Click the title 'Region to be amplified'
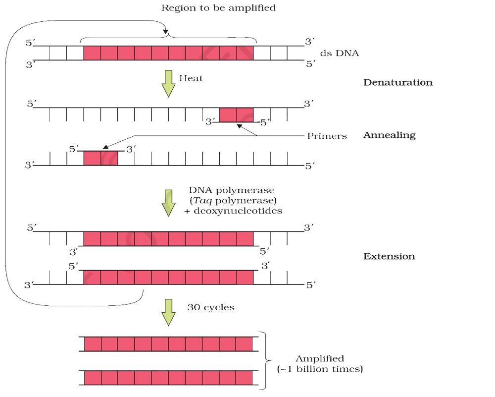pyautogui.click(x=218, y=8)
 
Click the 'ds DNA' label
pyautogui.click(x=340, y=53)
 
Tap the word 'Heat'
pyautogui.click(x=191, y=78)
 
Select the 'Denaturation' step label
pyautogui.click(x=398, y=82)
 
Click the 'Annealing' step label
pyautogui.click(x=389, y=135)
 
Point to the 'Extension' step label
pyautogui.click(x=389, y=256)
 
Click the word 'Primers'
pyautogui.click(x=327, y=136)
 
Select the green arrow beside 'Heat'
pyautogui.click(x=169, y=83)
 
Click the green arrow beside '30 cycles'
pyautogui.click(x=169, y=312)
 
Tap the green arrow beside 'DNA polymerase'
pyautogui.click(x=169, y=203)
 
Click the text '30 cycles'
pyautogui.click(x=211, y=308)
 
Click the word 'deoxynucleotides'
pyautogui.click(x=238, y=211)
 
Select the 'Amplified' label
pyautogui.click(x=320, y=358)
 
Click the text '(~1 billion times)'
pyautogui.click(x=320, y=369)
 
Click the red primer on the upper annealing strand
pyautogui.click(x=236, y=114)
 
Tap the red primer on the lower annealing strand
pyautogui.click(x=100, y=158)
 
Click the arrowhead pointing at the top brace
pyautogui.click(x=165, y=32)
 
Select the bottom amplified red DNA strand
pyautogui.click(x=168, y=378)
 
